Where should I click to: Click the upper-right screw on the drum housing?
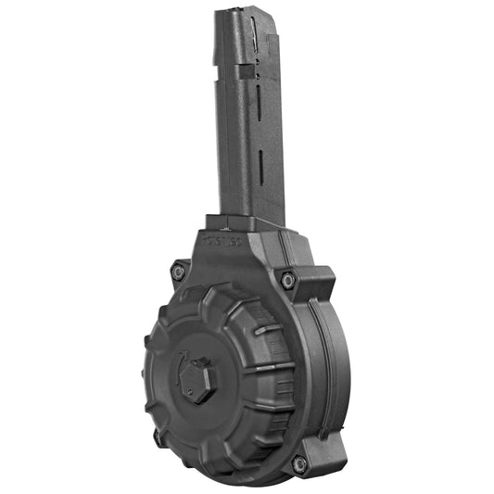[x=288, y=280]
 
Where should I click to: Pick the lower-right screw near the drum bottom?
[x=299, y=463]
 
